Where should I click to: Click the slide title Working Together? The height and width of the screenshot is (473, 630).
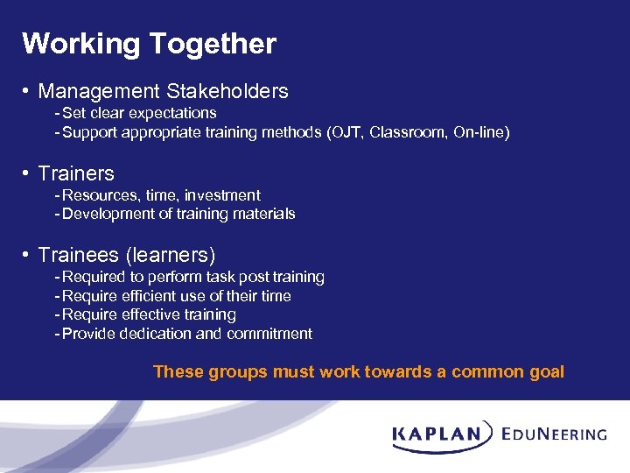tap(149, 44)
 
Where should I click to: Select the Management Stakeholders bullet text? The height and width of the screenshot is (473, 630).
tap(163, 91)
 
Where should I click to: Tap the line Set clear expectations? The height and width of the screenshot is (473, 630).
tap(139, 113)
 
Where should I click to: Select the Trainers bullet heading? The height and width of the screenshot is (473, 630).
tap(76, 173)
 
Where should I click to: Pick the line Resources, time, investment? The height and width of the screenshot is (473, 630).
tap(161, 195)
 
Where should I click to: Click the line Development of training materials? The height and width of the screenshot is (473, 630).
tap(178, 214)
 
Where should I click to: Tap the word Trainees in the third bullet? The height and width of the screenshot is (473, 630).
tap(79, 255)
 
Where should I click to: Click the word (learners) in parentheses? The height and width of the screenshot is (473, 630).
tap(171, 255)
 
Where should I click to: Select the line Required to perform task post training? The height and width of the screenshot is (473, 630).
tap(193, 277)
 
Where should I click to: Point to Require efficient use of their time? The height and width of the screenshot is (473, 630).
tap(177, 296)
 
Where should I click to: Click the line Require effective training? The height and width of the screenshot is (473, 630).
tap(149, 314)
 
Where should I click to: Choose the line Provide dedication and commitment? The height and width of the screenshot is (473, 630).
tap(187, 334)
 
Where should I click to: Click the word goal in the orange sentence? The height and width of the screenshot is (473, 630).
tap(546, 372)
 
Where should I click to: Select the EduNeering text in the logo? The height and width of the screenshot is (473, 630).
tap(555, 434)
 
